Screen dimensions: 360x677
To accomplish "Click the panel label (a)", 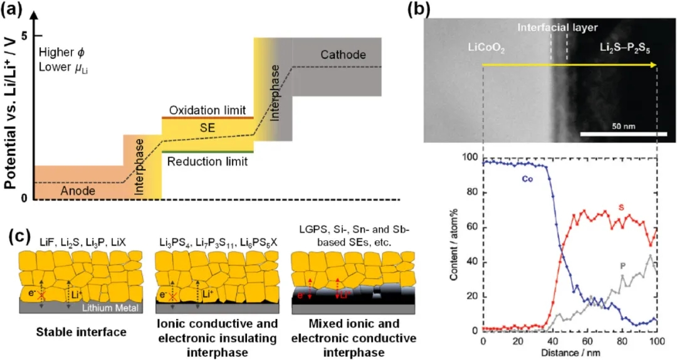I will coord(16,11).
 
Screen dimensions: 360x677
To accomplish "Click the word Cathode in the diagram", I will coord(343,55).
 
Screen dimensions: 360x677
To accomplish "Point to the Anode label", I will coord(78,190).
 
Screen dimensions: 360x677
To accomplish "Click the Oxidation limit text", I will coord(208,110).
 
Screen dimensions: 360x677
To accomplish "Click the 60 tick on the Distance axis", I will coord(587,340).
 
